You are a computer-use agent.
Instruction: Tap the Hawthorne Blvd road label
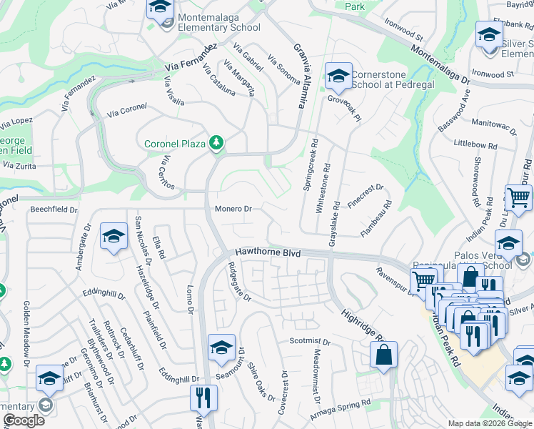coord(267,253)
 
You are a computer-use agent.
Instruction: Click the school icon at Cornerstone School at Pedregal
coord(338,76)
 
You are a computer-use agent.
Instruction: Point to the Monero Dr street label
coord(234,209)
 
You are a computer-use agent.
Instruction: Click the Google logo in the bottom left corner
coord(24,420)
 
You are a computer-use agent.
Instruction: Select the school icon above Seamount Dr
coord(221,348)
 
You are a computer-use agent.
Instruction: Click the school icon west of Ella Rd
coord(114,236)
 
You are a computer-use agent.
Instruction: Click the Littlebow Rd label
coord(475,145)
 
